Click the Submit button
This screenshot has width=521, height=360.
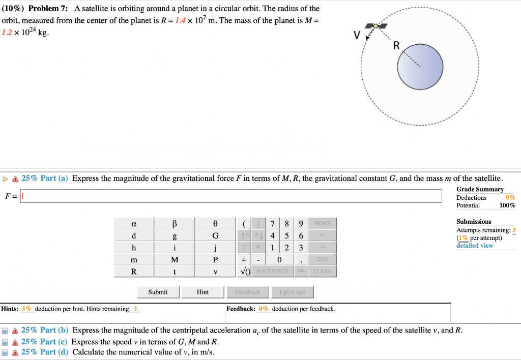(x=158, y=292)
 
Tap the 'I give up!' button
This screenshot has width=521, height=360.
(x=292, y=292)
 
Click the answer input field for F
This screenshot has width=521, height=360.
(x=231, y=196)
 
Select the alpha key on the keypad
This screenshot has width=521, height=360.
(x=133, y=224)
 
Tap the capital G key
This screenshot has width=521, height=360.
(x=215, y=236)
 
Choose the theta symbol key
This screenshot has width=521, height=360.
(x=215, y=224)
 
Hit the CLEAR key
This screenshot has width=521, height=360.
(x=322, y=271)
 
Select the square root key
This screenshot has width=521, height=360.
(x=245, y=271)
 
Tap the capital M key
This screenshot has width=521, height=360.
(x=175, y=260)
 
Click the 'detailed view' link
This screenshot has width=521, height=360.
(x=475, y=246)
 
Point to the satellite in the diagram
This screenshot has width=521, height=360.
(x=377, y=26)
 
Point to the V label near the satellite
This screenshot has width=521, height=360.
(x=357, y=36)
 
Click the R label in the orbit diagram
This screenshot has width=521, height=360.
(x=397, y=46)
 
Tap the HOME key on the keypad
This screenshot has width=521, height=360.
(x=322, y=224)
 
